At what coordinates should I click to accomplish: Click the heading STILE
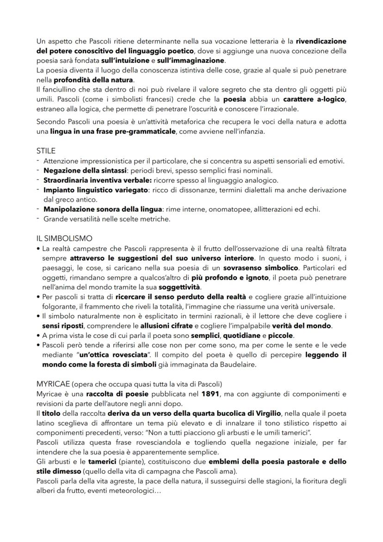point(46,151)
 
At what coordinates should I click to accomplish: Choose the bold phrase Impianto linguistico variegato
point(95,190)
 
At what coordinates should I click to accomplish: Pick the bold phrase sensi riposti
point(60,326)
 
